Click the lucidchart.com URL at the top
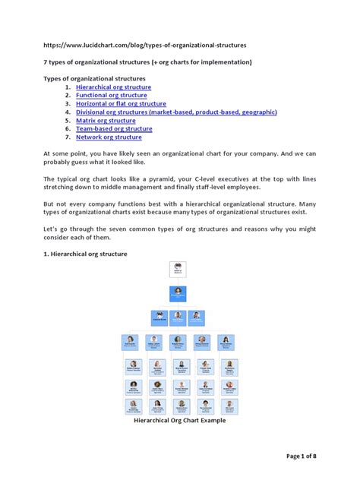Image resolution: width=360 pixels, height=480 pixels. tap(145, 46)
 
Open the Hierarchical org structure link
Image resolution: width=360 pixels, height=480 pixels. tap(113, 87)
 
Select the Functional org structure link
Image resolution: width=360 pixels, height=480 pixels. tap(111, 96)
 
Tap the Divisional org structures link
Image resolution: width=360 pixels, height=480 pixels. tap(166, 112)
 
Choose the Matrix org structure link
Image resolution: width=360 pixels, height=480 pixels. tap(106, 121)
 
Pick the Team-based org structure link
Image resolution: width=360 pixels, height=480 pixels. tap(114, 129)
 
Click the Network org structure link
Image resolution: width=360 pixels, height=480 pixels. tap(109, 137)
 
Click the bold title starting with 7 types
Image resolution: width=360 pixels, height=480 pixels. tap(156, 62)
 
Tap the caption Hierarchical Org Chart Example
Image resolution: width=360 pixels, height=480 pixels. tap(179, 419)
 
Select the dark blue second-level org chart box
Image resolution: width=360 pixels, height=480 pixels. tap(179, 294)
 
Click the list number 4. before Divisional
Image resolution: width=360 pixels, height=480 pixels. tap(68, 112)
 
